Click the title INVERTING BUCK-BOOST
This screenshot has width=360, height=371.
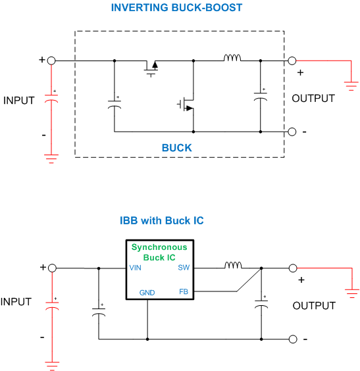(x=176, y=8)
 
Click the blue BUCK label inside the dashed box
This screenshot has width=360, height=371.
(x=176, y=148)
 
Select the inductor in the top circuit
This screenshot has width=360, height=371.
(x=232, y=58)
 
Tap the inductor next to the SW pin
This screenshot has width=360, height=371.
(x=233, y=265)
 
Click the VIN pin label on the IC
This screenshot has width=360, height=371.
(x=135, y=268)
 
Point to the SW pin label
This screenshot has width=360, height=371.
(x=184, y=268)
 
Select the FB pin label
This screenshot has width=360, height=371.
(x=184, y=292)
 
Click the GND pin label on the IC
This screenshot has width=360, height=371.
(x=147, y=293)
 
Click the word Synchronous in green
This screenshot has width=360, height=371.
(x=159, y=247)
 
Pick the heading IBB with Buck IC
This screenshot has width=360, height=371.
(x=162, y=220)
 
